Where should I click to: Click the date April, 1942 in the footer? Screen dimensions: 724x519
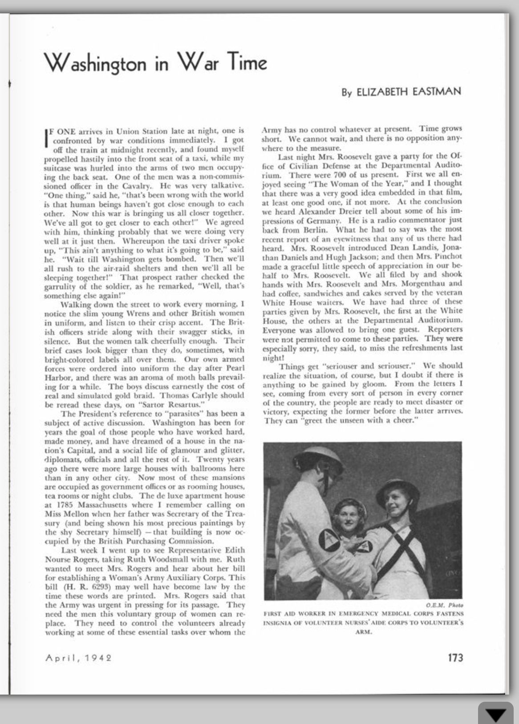(x=78, y=658)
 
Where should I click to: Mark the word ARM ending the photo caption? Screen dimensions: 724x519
(x=363, y=632)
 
